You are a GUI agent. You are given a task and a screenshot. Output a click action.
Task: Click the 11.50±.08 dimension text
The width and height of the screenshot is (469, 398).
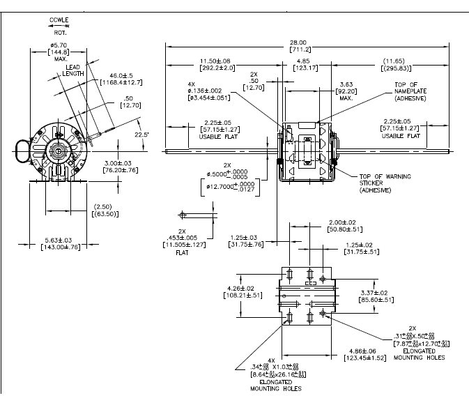201,63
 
